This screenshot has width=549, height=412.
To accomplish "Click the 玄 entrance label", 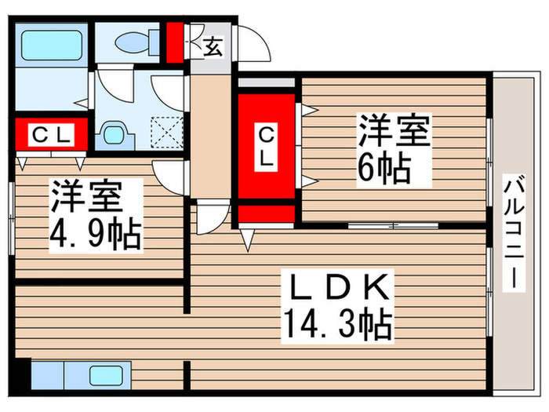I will pos(213,46).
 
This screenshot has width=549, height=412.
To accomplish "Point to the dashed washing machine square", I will pos(167,132).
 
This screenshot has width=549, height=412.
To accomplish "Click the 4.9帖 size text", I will pos(96,235).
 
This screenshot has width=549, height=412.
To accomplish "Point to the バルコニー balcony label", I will pos(515,233).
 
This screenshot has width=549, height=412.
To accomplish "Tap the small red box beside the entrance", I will pos(173,43).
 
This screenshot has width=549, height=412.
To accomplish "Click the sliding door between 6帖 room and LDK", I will pos(392,226).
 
